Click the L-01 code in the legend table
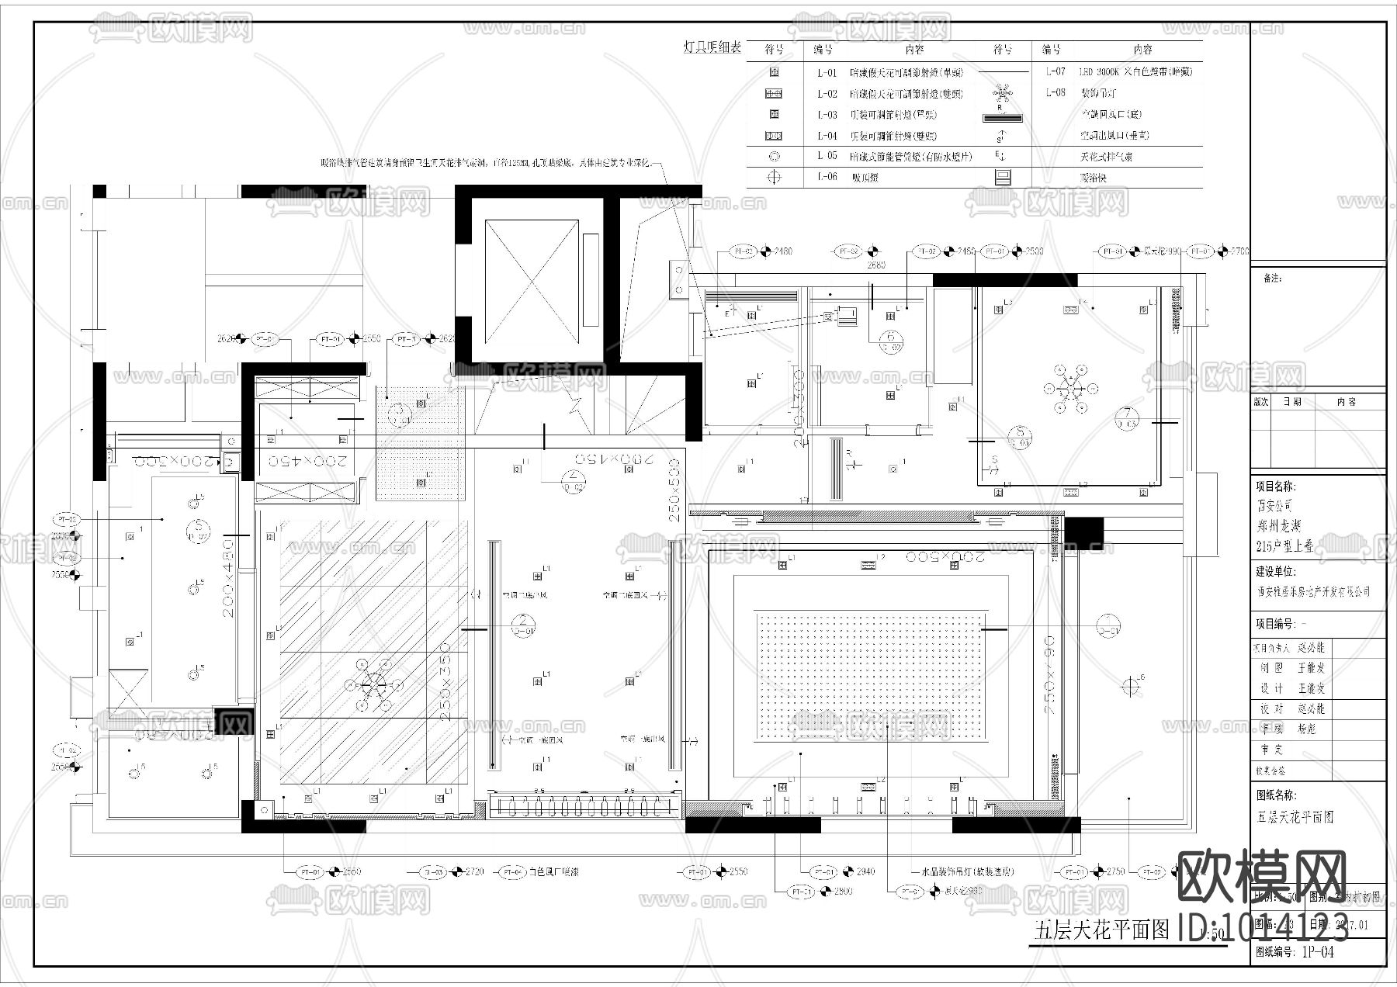point(827,72)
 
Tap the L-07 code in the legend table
point(1055,71)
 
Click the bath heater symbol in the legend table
point(1003,177)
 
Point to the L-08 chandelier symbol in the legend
point(1003,94)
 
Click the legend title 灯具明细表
point(712,48)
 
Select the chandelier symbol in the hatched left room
point(373,684)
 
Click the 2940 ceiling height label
point(865,871)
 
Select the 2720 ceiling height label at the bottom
point(474,871)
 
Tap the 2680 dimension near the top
point(875,265)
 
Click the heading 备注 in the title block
point(1273,278)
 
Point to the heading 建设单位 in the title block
point(1276,571)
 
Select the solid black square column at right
point(1083,534)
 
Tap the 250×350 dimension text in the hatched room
point(445,683)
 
